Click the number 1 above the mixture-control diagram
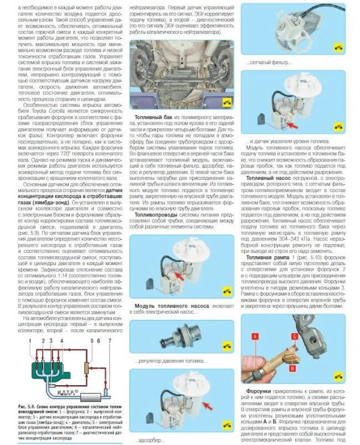coord(28,339)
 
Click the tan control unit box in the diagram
coord(86,368)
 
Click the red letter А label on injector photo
coord(254,336)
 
